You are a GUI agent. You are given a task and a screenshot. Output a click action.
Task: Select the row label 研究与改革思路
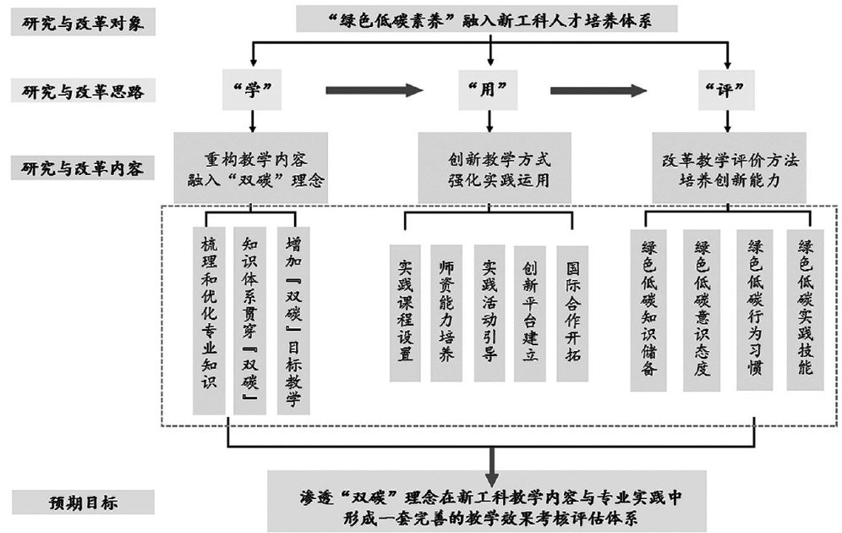82,91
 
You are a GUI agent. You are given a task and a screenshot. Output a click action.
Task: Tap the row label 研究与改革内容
82,168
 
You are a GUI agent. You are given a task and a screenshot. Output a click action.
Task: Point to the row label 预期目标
82,503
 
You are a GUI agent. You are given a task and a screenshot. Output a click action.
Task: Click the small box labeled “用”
490,90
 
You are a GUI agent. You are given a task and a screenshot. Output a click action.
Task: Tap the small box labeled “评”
727,90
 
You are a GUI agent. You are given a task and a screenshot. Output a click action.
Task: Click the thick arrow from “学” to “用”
372,90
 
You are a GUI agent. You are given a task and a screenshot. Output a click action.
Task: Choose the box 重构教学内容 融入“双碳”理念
251,166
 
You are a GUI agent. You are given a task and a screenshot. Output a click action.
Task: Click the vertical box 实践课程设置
406,313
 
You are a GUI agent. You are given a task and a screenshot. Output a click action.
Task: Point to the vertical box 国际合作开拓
572,313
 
